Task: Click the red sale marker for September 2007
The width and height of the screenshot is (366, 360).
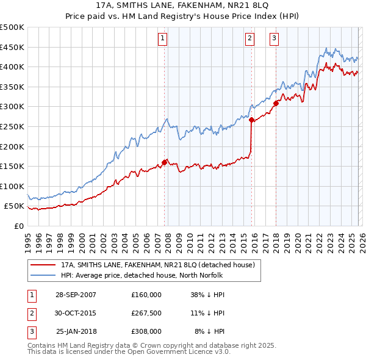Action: pos(165,162)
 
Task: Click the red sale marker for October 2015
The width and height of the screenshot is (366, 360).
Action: pos(252,120)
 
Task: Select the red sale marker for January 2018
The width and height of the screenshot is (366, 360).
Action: pos(276,103)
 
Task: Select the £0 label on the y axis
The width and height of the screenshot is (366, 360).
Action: pos(20,226)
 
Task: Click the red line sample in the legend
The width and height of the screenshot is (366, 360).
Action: pos(43,265)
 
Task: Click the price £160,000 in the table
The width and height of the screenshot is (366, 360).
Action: pos(146,295)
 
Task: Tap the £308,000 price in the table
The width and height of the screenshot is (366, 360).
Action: pos(146,331)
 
